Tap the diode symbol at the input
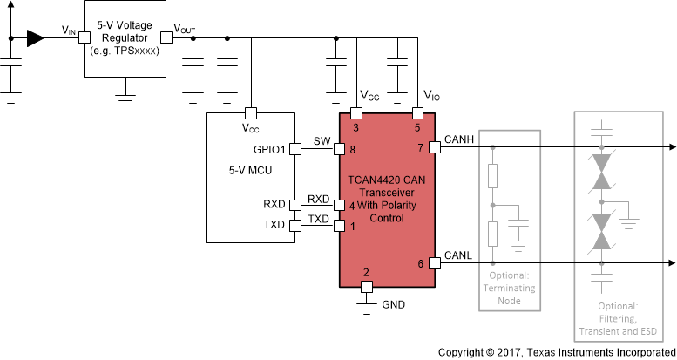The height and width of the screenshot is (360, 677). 36,37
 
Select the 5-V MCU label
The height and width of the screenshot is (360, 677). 236,171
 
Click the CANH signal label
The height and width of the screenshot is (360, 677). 458,137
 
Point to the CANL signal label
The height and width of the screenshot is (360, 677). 458,255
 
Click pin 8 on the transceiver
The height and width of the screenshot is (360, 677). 351,149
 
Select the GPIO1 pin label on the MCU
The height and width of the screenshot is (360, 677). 269,149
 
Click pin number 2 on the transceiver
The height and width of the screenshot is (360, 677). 366,273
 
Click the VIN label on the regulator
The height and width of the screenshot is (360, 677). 70,31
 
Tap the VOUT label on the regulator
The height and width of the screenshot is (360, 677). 185,30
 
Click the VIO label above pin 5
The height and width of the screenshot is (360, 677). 431,95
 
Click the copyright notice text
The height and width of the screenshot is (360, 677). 556,351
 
